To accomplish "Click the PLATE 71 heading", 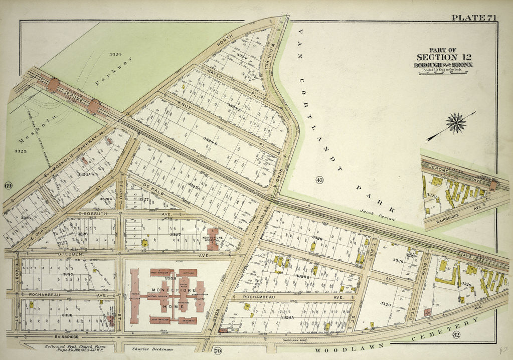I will (474, 18).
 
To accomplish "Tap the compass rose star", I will (456, 123).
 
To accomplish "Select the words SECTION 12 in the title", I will (442, 57).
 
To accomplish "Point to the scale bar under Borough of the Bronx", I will (443, 73).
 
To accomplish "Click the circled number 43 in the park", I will (319, 180).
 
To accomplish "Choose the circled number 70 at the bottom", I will (217, 350).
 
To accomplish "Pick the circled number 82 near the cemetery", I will (442, 334).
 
